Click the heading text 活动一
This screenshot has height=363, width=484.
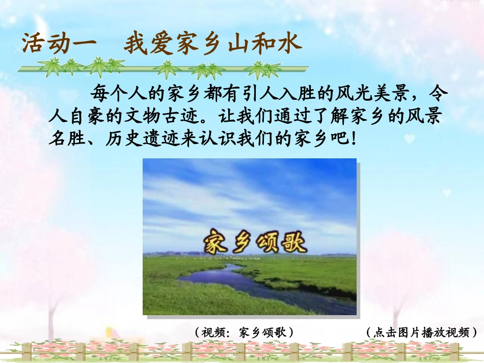[59, 44]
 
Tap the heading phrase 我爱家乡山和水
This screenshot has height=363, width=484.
[212, 45]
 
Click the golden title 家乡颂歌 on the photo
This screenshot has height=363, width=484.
[255, 242]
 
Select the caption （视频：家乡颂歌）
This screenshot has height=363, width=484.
[244, 332]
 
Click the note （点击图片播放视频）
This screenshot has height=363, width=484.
[421, 332]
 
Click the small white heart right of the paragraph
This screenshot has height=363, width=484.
[409, 138]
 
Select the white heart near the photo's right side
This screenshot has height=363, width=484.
[446, 192]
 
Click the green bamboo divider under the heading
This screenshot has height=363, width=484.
[163, 68]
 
